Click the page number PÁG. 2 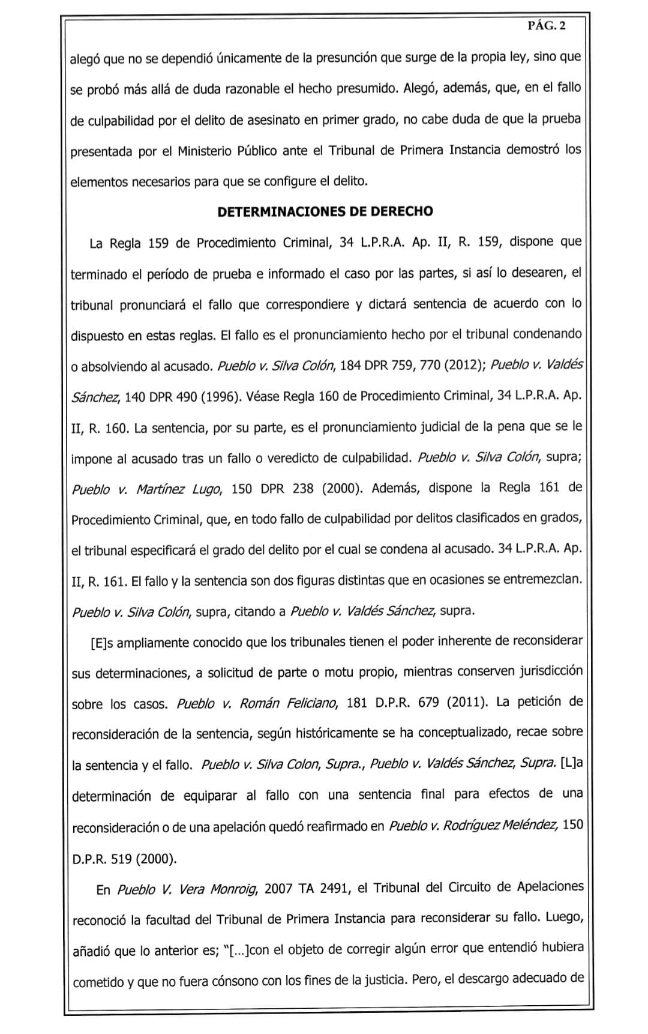tap(546, 25)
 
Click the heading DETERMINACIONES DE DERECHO tap(325, 212)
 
